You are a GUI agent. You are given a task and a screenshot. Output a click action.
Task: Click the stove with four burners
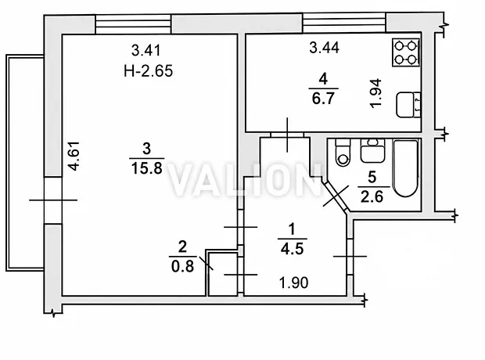[406, 52]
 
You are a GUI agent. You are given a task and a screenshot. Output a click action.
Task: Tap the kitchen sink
[408, 105]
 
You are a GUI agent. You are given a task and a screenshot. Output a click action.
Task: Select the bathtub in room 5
[406, 168]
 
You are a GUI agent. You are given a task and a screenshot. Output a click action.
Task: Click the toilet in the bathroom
[343, 153]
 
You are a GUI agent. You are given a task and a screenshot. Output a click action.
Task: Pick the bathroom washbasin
[372, 151]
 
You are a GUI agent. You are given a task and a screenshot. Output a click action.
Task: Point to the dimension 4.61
[74, 156]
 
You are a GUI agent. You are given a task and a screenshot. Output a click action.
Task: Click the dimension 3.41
[146, 50]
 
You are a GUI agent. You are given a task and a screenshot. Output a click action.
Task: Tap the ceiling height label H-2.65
[148, 71]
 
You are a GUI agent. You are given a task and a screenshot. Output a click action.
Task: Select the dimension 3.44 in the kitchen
[324, 48]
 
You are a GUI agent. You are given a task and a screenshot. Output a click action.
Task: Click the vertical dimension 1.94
[375, 93]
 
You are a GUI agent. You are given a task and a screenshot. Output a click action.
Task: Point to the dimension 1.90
[293, 283]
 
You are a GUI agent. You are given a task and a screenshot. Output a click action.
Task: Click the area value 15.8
[146, 169]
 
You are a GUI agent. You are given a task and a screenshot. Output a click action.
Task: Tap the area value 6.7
[323, 99]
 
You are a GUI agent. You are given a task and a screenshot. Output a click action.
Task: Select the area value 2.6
[372, 196]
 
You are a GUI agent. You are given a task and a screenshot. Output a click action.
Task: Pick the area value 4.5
[293, 249]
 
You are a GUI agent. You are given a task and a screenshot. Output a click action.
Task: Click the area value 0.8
[182, 266]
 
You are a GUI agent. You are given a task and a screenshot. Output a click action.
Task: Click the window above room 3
[133, 24]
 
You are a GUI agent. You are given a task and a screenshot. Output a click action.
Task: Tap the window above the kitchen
[344, 23]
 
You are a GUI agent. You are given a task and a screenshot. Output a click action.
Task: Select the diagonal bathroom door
[336, 196]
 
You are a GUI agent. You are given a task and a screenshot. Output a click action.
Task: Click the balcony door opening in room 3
[53, 200]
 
